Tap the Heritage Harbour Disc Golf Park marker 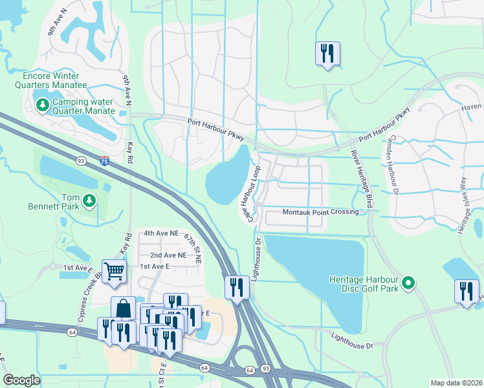(408, 283)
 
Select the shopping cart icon (114, 271)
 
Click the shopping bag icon (123, 308)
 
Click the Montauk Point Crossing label (320, 212)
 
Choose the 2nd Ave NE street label (168, 255)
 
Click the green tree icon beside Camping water (43, 104)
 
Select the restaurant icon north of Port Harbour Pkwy (327, 53)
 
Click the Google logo (21, 380)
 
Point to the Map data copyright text (456, 383)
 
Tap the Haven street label (472, 107)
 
